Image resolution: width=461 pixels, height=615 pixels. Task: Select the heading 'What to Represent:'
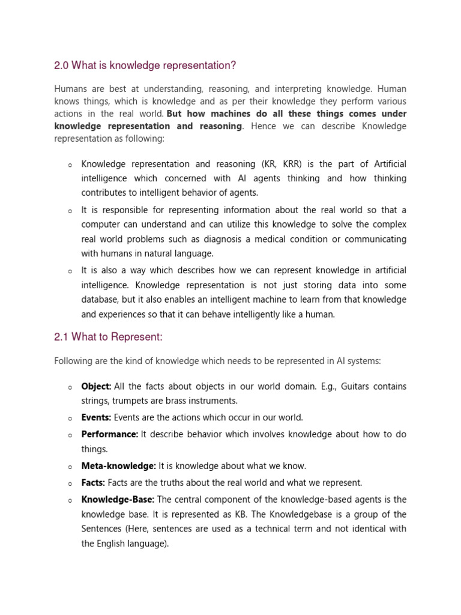click(x=116, y=337)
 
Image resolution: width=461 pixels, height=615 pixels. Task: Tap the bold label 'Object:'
click(x=96, y=386)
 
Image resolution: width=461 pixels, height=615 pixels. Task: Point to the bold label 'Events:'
click(x=96, y=417)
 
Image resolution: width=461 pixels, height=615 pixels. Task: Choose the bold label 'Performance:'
click(x=110, y=434)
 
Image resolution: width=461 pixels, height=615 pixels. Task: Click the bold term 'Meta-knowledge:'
click(x=118, y=465)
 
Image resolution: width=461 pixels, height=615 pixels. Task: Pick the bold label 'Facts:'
click(x=93, y=482)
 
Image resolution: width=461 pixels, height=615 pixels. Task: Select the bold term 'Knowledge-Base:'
click(x=118, y=499)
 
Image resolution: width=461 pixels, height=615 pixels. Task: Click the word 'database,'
click(x=100, y=300)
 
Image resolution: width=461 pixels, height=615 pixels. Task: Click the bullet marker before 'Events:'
click(x=70, y=419)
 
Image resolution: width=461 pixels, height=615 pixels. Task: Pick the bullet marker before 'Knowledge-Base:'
click(x=70, y=500)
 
